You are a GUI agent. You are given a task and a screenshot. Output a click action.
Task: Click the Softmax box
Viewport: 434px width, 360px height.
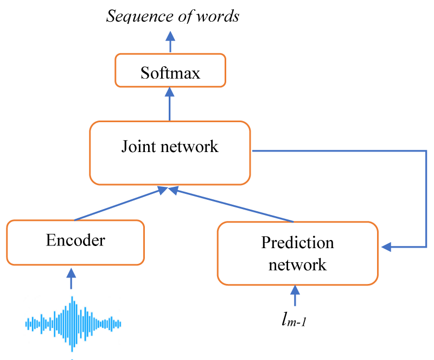point(170,71)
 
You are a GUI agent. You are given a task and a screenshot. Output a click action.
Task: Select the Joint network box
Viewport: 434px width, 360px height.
point(170,153)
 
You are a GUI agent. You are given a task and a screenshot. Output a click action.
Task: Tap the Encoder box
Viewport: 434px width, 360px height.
point(75,243)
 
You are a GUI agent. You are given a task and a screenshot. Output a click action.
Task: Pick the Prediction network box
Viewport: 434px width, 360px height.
point(297,253)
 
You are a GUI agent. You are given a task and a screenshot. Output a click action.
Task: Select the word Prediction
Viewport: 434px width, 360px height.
point(297,243)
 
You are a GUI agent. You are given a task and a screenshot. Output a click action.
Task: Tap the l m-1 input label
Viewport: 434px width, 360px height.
point(294,319)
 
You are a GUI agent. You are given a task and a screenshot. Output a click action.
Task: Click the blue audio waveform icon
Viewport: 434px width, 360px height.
point(73,324)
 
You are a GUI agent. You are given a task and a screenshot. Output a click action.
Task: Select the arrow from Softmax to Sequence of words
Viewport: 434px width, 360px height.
point(170,42)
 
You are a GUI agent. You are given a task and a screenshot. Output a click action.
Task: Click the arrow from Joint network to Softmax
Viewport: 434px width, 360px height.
point(169,104)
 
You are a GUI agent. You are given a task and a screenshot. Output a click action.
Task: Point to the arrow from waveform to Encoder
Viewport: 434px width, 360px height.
point(72,279)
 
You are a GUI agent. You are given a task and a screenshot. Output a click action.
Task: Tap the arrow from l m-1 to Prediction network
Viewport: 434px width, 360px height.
point(295,295)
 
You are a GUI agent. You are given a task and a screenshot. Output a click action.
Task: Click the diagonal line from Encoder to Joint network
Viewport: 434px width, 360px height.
point(121,204)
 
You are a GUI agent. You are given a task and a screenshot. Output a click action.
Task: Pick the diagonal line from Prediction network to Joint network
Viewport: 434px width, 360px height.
point(231,205)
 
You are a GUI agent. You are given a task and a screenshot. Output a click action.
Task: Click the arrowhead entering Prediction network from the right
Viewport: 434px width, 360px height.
point(386,247)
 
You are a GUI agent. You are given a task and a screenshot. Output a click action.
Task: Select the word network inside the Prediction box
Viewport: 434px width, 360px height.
point(297,264)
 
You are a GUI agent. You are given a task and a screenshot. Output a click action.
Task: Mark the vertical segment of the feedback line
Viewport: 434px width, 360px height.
point(426,199)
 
